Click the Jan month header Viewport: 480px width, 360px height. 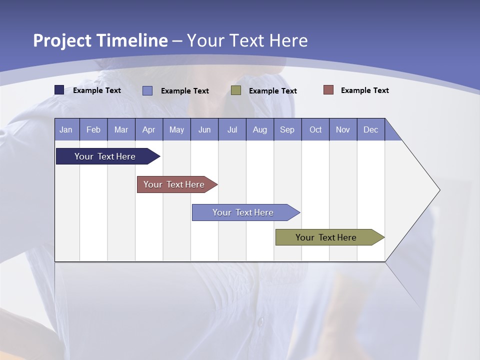pyautogui.click(x=66, y=129)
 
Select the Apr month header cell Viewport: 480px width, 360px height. pyautogui.click(x=149, y=129)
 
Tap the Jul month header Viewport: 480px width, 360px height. pyautogui.click(x=232, y=129)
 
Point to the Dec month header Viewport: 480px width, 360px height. pyautogui.click(x=370, y=129)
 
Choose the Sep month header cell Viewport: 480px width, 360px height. pyautogui.click(x=287, y=129)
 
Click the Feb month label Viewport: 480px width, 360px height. pyautogui.click(x=93, y=129)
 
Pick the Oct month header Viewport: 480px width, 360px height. pyautogui.click(x=315, y=129)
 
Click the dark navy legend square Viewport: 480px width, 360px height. pyautogui.click(x=59, y=90)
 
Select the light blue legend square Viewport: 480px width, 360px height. pyautogui.click(x=147, y=90)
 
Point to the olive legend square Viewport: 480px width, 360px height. pyautogui.click(x=236, y=90)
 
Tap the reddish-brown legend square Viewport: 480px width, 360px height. pyautogui.click(x=328, y=90)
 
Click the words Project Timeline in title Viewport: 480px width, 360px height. pyautogui.click(x=100, y=40)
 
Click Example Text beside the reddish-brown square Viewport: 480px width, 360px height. pyautogui.click(x=364, y=90)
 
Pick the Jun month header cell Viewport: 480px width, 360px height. pyautogui.click(x=204, y=129)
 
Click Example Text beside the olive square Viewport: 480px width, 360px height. pyautogui.click(x=272, y=91)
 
